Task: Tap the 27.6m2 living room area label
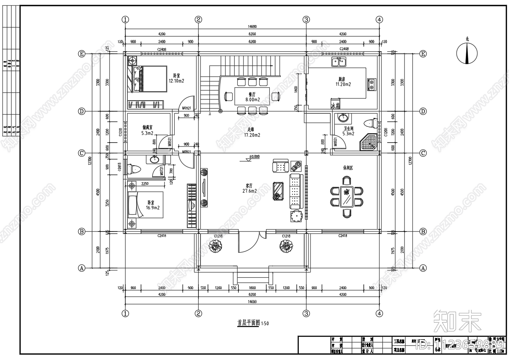click(x=249, y=191)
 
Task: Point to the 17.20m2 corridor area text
click(x=252, y=135)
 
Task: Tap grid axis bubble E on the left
click(x=82, y=54)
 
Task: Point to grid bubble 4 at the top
click(x=379, y=19)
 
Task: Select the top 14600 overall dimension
click(x=252, y=27)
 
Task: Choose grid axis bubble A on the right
click(x=423, y=268)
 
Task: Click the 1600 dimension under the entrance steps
click(x=252, y=288)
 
